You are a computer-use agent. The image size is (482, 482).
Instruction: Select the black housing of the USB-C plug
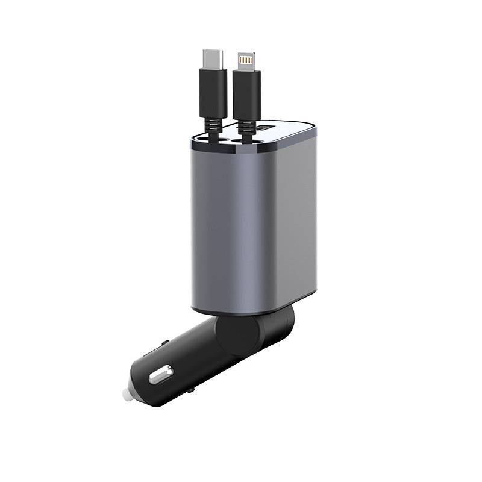[x=213, y=93]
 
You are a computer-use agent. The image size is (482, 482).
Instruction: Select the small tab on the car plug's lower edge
[x=190, y=390]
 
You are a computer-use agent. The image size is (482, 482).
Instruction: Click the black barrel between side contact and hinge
[x=193, y=361]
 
